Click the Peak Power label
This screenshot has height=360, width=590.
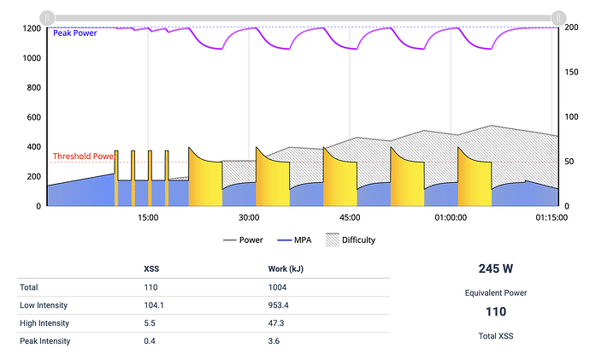pos(75,33)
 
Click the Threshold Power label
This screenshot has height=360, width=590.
pos(84,156)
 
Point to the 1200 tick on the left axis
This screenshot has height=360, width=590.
pos(32,28)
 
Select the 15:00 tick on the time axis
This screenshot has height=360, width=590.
pos(148,217)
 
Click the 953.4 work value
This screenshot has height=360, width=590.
pos(280,304)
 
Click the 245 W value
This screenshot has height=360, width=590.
pos(496,268)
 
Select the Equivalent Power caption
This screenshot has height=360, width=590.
pos(496,292)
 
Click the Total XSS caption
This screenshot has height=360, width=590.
pos(496,336)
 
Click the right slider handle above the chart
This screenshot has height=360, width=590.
pos(558,16)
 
